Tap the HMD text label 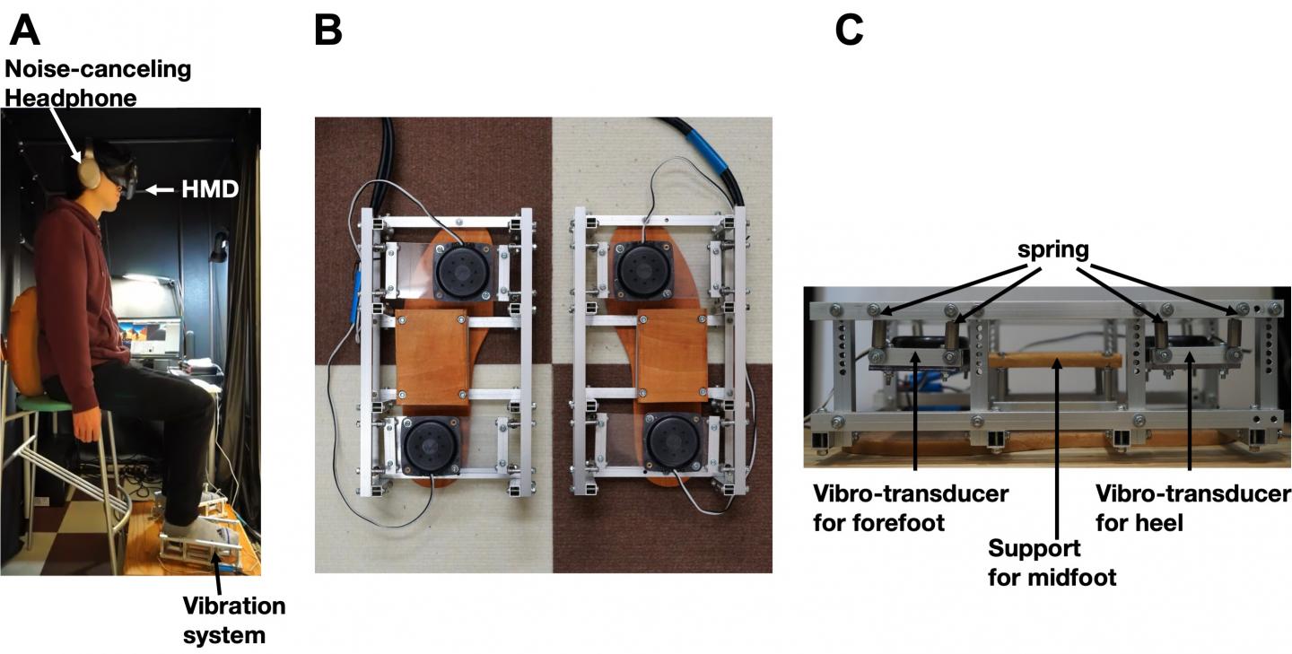click(209, 188)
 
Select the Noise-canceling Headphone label click(96, 83)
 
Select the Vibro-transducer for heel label click(1193, 508)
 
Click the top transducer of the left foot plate click(461, 268)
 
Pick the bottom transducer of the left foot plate click(429, 446)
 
